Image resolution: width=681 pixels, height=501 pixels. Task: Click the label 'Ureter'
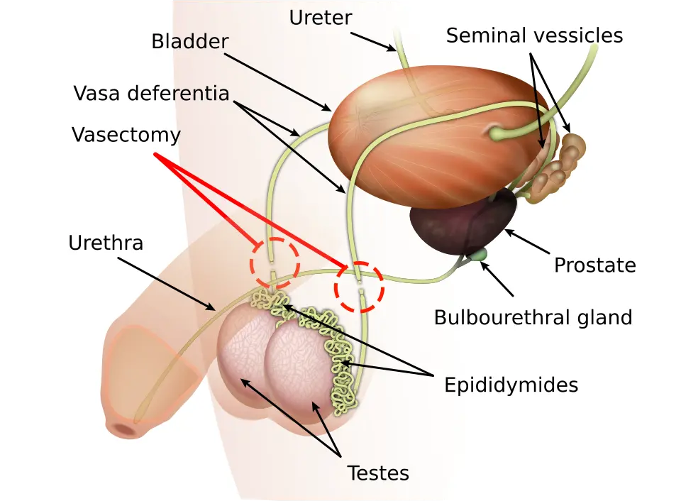[321, 18]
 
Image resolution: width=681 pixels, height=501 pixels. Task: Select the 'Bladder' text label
[190, 42]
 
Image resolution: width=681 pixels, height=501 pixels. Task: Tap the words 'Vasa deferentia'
[151, 94]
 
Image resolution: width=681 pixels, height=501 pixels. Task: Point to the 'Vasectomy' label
[126, 135]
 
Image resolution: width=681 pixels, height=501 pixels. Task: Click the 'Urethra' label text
[106, 243]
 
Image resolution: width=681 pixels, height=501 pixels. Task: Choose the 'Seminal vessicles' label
[534, 35]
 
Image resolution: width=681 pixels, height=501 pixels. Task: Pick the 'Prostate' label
[595, 265]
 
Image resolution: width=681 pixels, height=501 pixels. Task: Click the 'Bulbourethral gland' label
[533, 318]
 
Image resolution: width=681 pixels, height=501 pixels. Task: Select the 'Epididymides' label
[511, 385]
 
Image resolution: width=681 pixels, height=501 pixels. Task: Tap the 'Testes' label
[378, 473]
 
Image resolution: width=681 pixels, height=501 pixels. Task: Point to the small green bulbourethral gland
[480, 254]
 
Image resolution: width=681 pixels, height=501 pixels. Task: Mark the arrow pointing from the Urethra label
[167, 284]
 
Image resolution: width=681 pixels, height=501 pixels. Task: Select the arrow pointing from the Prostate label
[527, 242]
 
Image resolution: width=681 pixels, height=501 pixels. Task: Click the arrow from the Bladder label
[277, 82]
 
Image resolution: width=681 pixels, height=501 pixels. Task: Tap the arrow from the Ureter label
[374, 42]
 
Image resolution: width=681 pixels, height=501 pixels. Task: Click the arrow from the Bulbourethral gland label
[497, 278]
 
